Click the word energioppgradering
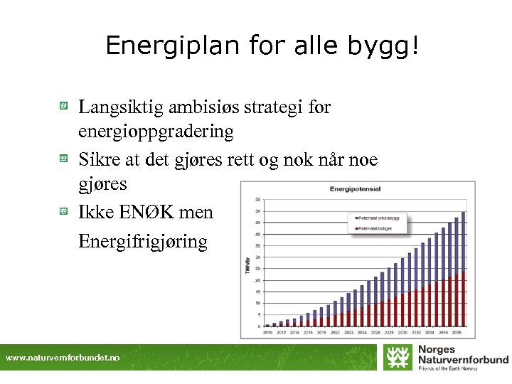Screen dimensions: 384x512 (155, 132)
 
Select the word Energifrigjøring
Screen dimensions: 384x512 (142, 242)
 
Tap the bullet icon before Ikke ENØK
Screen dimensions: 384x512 (63, 212)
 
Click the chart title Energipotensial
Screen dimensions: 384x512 (355, 189)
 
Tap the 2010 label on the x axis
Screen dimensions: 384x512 (267, 332)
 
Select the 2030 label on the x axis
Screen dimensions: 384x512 (402, 332)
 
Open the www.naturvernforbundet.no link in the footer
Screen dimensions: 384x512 (63, 358)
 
